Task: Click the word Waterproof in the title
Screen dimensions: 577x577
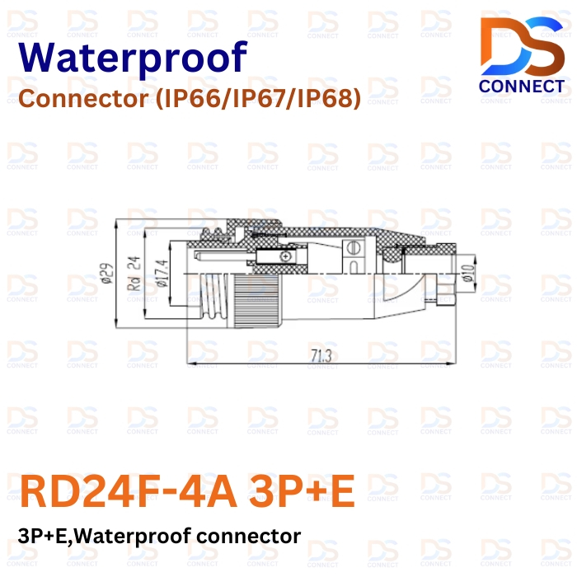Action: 133,59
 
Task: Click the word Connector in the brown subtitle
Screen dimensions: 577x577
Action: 83,99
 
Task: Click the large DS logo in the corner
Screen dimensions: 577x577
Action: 523,46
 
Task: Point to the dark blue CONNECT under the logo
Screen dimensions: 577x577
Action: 522,87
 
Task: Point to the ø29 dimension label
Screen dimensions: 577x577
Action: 107,273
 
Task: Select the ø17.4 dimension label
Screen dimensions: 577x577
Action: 162,273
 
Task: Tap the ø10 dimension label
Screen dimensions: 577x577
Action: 467,273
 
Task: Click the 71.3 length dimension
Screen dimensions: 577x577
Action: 321,355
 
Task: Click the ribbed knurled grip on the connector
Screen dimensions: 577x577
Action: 256,300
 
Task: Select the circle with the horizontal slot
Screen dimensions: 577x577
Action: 354,247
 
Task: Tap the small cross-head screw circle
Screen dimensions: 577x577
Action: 284,256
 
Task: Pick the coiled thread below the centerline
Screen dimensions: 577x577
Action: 213,298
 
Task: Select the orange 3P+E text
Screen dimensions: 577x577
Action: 302,491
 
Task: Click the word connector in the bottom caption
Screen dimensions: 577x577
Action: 248,536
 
